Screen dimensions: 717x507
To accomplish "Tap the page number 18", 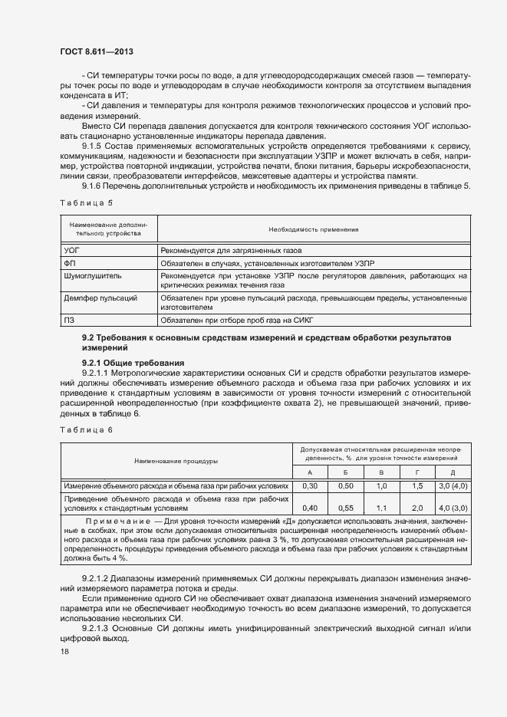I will [x=64, y=652].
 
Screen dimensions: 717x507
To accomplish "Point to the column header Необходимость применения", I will [x=314, y=229].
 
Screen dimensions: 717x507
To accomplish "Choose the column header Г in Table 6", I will [x=417, y=472].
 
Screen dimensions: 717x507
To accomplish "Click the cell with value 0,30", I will [x=311, y=486].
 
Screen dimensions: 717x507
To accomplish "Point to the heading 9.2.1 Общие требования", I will [x=122, y=362].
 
